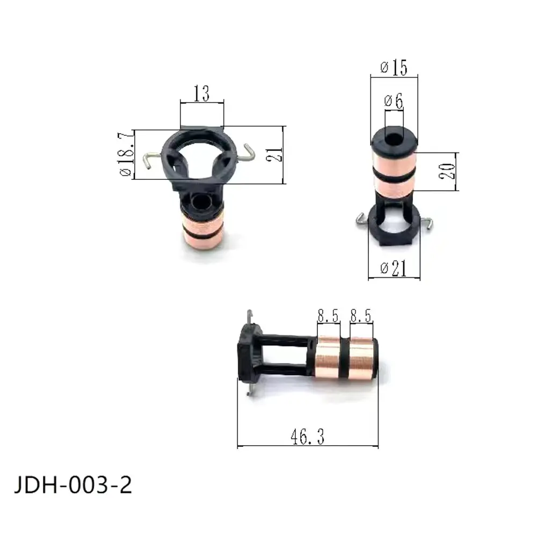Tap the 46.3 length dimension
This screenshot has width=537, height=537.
pyautogui.click(x=308, y=437)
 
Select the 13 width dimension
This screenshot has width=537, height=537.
pyautogui.click(x=201, y=95)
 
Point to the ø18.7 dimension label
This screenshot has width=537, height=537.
pyautogui.click(x=125, y=156)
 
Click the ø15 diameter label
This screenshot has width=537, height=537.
pyautogui.click(x=394, y=68)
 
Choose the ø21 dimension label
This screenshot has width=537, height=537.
pyautogui.click(x=394, y=269)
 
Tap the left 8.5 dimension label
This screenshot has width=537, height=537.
pyautogui.click(x=328, y=316)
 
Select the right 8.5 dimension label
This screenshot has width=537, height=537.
pyautogui.click(x=361, y=316)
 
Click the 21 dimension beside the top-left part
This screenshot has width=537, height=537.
pyautogui.click(x=274, y=155)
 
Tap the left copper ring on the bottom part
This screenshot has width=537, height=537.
pyautogui.click(x=329, y=357)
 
